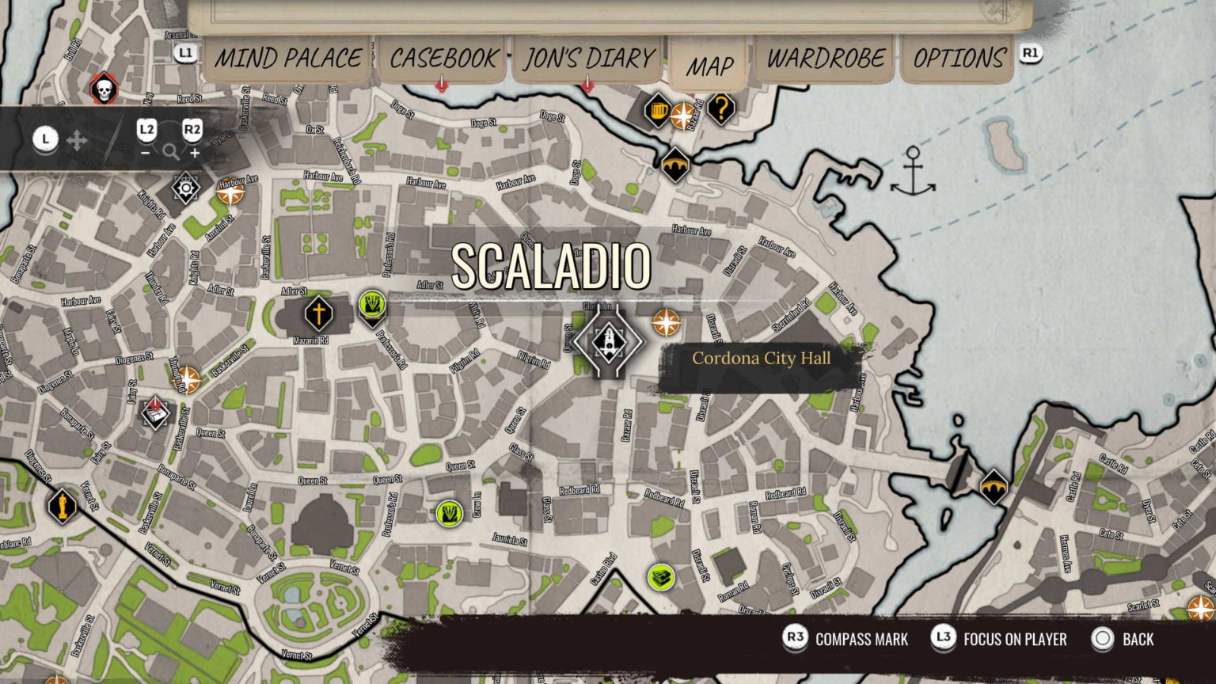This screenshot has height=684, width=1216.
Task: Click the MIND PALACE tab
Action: (x=288, y=59)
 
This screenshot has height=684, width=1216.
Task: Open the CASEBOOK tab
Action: (x=443, y=59)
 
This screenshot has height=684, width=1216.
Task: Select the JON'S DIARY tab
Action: (x=588, y=59)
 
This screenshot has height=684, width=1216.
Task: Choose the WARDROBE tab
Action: (x=825, y=59)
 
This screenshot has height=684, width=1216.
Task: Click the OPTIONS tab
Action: (x=959, y=59)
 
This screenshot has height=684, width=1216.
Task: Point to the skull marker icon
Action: (x=103, y=89)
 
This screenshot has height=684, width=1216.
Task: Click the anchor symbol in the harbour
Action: (x=913, y=172)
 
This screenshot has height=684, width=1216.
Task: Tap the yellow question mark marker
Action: (x=720, y=108)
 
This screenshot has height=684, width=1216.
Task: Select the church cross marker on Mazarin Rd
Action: (x=318, y=313)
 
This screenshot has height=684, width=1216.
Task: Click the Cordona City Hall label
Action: (x=761, y=358)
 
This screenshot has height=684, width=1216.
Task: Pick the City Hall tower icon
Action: (x=608, y=342)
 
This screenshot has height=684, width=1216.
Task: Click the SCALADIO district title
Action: (x=551, y=266)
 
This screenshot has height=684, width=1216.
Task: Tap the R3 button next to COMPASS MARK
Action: (x=795, y=639)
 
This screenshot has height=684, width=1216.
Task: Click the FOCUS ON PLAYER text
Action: (x=1015, y=639)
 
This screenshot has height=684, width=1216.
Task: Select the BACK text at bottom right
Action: (x=1138, y=639)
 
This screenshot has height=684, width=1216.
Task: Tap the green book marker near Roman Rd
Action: (x=660, y=576)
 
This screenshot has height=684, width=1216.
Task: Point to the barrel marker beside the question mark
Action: (x=657, y=110)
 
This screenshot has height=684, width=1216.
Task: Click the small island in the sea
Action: (x=1005, y=145)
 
